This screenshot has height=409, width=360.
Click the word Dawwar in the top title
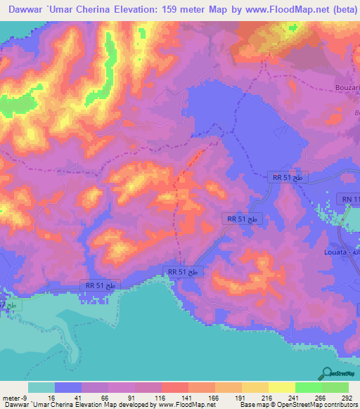(x=27, y=8)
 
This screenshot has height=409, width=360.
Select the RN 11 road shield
(x=348, y=200)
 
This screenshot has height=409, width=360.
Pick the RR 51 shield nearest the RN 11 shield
(x=287, y=178)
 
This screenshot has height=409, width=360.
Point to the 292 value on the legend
(x=347, y=397)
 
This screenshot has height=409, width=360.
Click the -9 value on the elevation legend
(x=10, y=397)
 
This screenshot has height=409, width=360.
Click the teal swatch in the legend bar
(x=41, y=387)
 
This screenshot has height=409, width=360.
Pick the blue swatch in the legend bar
(x=67, y=387)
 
